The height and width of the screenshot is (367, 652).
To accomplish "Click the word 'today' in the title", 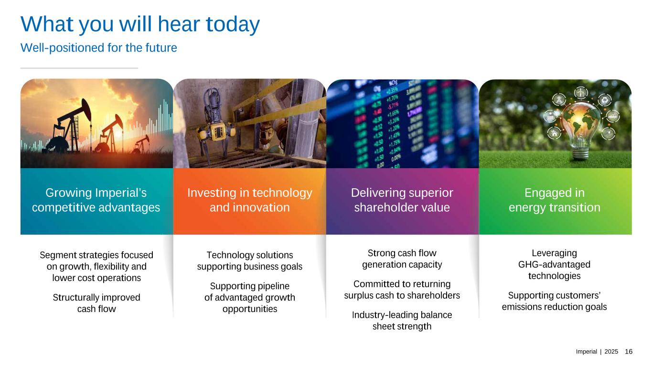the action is tap(233, 24).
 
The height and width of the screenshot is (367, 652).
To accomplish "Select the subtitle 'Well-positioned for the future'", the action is tap(99, 48).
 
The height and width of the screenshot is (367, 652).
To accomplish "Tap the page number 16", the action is tap(629, 352).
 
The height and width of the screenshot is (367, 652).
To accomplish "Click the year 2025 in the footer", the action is tap(611, 352).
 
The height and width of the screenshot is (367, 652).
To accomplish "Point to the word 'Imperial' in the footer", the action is tap(586, 352).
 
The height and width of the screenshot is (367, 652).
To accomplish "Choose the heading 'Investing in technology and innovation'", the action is tap(250, 200).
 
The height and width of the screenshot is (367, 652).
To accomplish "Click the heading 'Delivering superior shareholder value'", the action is tap(402, 200).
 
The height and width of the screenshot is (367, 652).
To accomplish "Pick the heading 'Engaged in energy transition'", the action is tap(555, 200).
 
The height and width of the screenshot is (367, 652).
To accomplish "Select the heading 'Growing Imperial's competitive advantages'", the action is tap(96, 200).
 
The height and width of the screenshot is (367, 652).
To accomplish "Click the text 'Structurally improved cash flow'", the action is tap(96, 303).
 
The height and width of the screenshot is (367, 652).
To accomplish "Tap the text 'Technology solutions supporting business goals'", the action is tap(250, 261).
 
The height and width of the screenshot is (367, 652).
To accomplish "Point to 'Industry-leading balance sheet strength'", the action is tap(402, 320).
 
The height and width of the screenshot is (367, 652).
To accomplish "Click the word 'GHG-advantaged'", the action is tap(554, 264).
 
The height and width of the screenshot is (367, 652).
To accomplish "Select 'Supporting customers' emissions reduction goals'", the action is tap(554, 301).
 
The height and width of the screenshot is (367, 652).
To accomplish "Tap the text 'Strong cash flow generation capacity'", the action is tap(402, 259).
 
